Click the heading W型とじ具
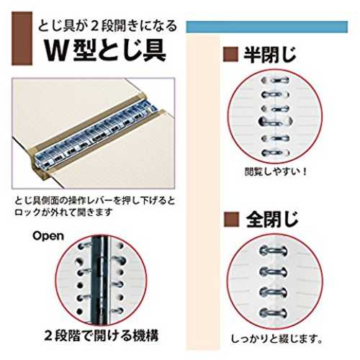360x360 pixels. pyautogui.click(x=105, y=50)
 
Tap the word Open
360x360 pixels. pyautogui.click(x=48, y=236)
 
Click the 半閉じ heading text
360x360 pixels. pyautogui.click(x=270, y=55)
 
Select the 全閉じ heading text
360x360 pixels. pyautogui.click(x=272, y=220)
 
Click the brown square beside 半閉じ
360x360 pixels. pyautogui.click(x=230, y=55)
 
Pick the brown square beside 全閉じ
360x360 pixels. pyautogui.click(x=232, y=220)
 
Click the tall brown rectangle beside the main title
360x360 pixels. pyautogui.click(x=22, y=38)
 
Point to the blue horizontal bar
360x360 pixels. pyautogui.click(x=267, y=27)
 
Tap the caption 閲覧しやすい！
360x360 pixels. pyautogui.click(x=276, y=172)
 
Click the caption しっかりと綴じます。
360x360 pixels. pyautogui.click(x=276, y=339)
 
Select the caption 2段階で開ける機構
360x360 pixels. pyautogui.click(x=102, y=336)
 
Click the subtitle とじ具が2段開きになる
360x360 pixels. pyautogui.click(x=107, y=26)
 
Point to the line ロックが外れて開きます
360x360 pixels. pyautogui.click(x=63, y=212)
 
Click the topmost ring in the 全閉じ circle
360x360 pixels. pyautogui.click(x=273, y=251)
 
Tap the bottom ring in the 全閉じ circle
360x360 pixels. pyautogui.click(x=273, y=313)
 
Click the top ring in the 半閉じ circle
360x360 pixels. pyautogui.click(x=275, y=80)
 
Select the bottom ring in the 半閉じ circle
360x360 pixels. pyautogui.click(x=276, y=153)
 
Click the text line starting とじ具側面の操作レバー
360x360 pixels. pyautogui.click(x=94, y=201)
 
